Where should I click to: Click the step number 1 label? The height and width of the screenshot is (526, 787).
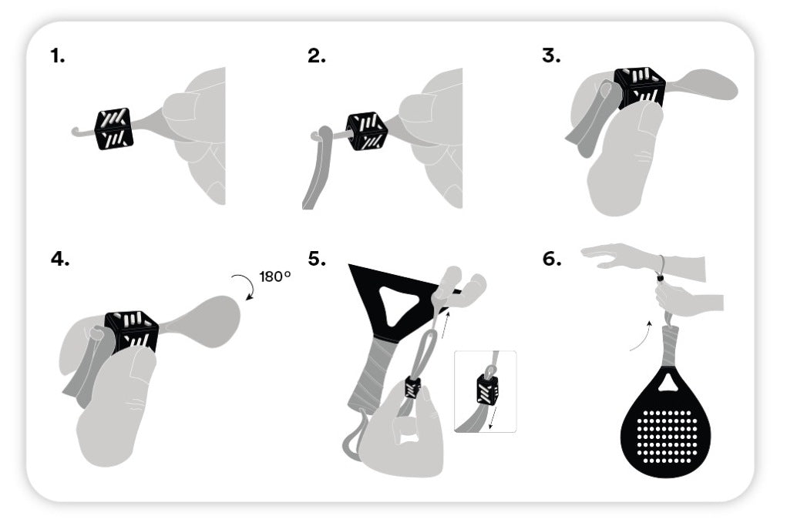58,55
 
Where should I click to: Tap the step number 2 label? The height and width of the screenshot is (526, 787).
317,55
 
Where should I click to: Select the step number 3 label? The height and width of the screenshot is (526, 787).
551,55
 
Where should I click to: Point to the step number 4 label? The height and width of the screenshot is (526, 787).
59,260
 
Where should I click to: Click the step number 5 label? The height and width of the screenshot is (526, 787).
317,260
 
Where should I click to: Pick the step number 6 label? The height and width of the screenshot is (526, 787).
552,260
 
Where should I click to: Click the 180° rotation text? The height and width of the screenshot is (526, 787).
275,276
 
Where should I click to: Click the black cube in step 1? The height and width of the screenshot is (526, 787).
114,129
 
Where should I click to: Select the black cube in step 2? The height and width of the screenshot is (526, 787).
368,132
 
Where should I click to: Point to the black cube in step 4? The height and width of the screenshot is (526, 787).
132,333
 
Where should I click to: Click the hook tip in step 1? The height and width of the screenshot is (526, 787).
73,132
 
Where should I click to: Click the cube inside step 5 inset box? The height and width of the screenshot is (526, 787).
487,388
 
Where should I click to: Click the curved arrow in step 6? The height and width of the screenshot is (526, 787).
641,335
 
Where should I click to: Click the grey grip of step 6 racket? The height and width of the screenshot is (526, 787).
671,346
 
